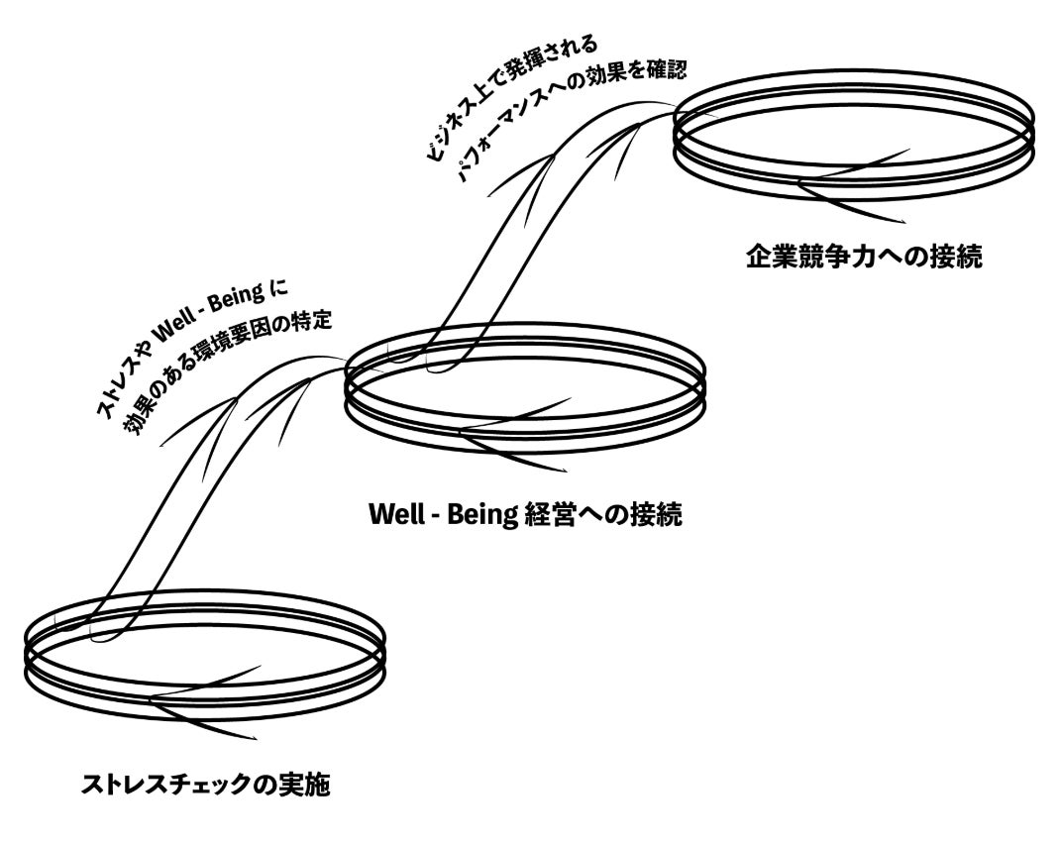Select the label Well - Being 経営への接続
point(525,515)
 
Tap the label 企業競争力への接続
point(864,259)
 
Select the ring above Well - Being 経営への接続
point(525,391)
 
